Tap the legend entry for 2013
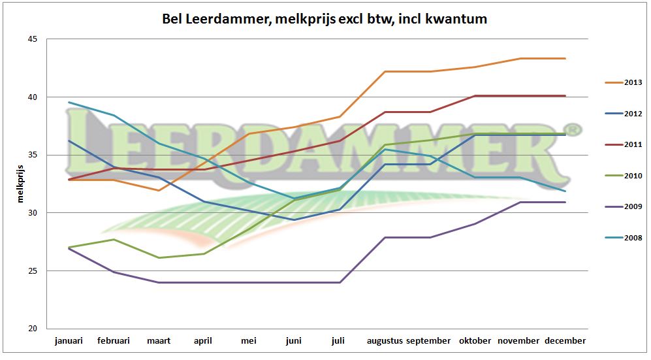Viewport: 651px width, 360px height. [632, 82]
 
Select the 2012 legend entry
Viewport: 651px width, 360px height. [632, 114]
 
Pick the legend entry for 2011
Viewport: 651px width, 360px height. [632, 144]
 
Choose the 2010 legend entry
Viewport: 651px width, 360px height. [632, 176]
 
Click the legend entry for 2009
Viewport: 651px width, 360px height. [632, 207]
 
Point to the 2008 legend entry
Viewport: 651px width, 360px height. [632, 238]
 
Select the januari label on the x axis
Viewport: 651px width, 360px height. [69, 341]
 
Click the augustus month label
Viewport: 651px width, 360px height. [385, 341]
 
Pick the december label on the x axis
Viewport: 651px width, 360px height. [565, 341]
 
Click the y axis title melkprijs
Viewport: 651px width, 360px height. [20, 184]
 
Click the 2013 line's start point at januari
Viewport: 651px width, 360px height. [69, 180]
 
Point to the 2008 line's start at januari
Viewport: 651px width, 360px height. [69, 103]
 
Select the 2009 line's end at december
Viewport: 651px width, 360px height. [565, 203]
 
